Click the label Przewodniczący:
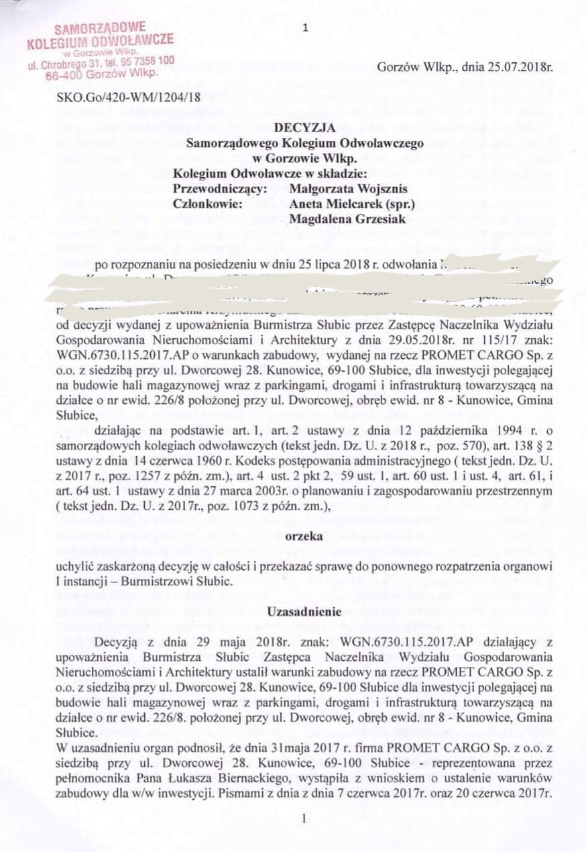219,189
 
